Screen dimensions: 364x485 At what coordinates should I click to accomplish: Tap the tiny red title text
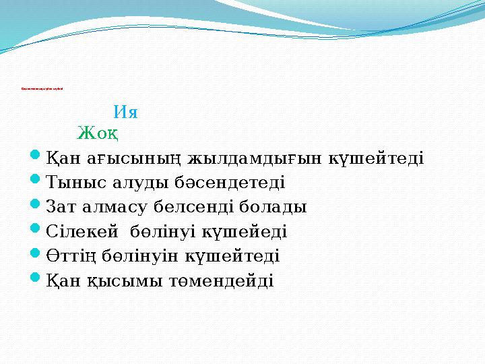pyautogui.click(x=42, y=88)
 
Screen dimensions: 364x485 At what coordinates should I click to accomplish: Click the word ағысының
pyautogui.click(x=129, y=159)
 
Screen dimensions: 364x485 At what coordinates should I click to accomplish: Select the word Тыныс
pyautogui.click(x=73, y=183)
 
